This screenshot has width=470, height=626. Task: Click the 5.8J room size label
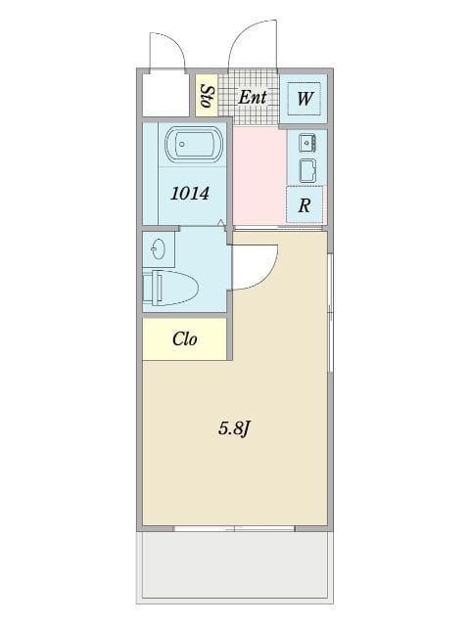click(x=235, y=427)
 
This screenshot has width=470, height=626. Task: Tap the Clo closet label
click(x=185, y=339)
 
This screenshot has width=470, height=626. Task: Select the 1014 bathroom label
click(x=190, y=193)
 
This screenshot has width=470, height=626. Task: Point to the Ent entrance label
click(x=253, y=96)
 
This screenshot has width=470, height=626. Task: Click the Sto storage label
click(x=207, y=96)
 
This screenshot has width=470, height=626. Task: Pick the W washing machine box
click(x=305, y=98)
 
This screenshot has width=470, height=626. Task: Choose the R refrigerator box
click(x=305, y=204)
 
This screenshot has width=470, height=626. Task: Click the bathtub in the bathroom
click(x=191, y=148)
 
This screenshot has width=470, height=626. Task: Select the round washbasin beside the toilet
click(x=159, y=251)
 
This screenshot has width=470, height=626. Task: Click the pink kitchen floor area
click(x=259, y=176)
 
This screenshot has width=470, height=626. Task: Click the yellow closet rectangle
click(x=185, y=339)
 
